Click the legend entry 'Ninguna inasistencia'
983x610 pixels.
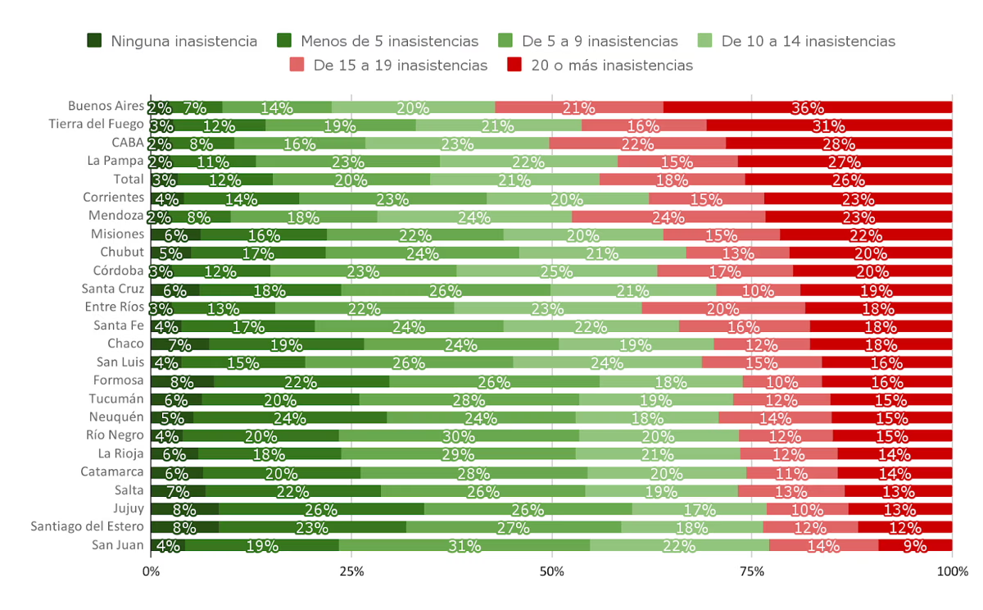point(173,41)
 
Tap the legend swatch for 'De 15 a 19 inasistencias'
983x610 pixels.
point(297,65)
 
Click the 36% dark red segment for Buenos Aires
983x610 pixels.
point(807,107)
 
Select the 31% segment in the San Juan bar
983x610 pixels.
point(464,545)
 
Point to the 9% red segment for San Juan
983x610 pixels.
point(915,545)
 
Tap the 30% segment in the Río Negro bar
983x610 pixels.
point(459,435)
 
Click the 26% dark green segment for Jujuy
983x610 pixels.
point(321,508)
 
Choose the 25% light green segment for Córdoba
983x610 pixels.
point(557,271)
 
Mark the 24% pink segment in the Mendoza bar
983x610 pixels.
point(668,216)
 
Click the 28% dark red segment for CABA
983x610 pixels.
point(839,143)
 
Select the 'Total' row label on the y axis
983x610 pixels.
point(128,179)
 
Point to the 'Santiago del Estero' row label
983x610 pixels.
point(88,526)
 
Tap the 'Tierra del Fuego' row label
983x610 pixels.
point(96,124)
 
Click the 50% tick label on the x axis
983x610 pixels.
point(551,571)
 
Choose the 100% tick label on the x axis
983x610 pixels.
point(952,571)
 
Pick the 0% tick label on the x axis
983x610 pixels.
point(151,571)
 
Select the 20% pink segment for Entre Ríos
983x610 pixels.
point(723,307)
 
